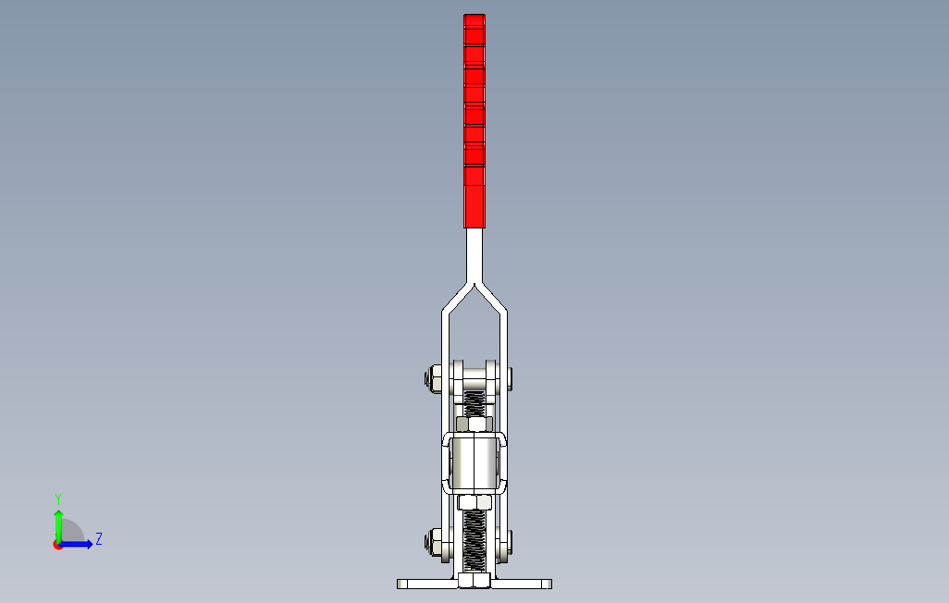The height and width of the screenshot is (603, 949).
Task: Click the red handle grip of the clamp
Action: [x=474, y=120]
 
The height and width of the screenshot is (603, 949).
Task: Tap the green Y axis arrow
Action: [x=58, y=524]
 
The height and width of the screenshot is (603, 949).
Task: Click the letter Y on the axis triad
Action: [x=58, y=498]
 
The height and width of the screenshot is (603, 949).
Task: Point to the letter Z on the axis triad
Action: [x=98, y=538]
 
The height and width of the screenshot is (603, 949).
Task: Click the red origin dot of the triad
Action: [x=57, y=545]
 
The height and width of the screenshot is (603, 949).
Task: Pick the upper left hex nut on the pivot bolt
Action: [x=433, y=378]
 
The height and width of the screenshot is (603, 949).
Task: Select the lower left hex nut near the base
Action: [x=433, y=542]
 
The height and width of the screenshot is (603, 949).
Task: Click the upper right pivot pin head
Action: [x=509, y=377]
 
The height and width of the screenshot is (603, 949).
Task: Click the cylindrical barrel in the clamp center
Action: [x=474, y=463]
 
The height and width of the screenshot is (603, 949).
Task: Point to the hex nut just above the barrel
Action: [x=474, y=425]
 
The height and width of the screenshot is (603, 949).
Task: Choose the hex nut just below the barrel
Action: [x=474, y=503]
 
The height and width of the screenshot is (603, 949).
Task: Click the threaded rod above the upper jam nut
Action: [x=474, y=401]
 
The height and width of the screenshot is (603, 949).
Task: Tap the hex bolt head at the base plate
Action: [x=474, y=581]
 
